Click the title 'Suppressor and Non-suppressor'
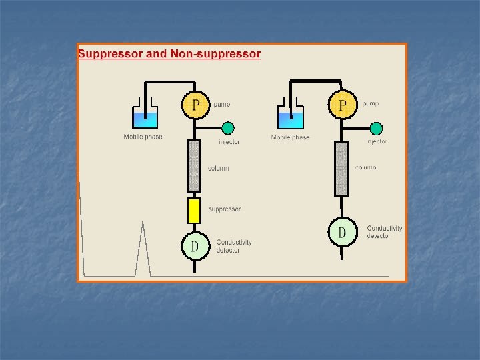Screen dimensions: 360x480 tap(169, 53)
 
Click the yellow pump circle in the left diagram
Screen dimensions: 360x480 tap(195, 104)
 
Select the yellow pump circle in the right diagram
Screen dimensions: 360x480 tap(343, 104)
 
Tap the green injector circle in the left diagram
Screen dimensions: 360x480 tap(228, 128)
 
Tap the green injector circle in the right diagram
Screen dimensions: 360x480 tap(376, 128)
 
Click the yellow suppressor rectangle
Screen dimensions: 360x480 tap(194, 210)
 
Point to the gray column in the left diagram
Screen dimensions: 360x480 tap(194, 166)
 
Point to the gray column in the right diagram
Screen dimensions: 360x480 tap(341, 168)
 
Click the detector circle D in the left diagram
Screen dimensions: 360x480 tap(195, 246)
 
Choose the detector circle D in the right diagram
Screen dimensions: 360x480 tap(342, 233)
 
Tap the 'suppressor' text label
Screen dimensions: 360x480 tap(224, 209)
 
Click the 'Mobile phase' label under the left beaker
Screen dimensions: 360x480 tap(143, 137)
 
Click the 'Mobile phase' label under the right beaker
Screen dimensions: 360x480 tap(290, 137)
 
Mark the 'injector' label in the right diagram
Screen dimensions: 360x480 tap(377, 141)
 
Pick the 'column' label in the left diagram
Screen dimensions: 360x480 tap(218, 168)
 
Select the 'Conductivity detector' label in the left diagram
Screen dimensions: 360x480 tap(234, 246)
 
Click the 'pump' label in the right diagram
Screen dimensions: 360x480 tap(370, 104)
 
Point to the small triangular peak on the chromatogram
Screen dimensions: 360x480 tap(142, 250)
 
